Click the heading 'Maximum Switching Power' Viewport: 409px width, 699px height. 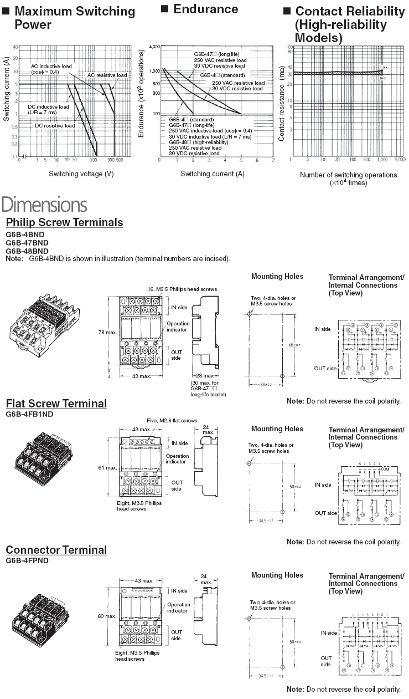[x=74, y=18]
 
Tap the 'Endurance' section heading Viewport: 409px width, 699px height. [x=205, y=9]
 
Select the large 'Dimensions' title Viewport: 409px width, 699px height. [x=44, y=205]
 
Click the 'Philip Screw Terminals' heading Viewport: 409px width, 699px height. [x=64, y=223]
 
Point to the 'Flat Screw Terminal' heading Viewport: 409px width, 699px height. [x=56, y=404]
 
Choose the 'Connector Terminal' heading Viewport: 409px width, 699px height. [x=56, y=550]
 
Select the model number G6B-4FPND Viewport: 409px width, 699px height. [x=27, y=560]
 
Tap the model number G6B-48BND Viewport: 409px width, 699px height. [x=27, y=251]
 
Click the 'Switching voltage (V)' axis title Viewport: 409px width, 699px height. [x=81, y=174]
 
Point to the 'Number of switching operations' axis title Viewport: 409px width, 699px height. [x=348, y=175]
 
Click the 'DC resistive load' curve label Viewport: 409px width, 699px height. [x=55, y=125]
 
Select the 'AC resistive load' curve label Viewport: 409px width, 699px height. [x=107, y=75]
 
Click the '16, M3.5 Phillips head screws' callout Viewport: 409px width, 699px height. [x=182, y=289]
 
